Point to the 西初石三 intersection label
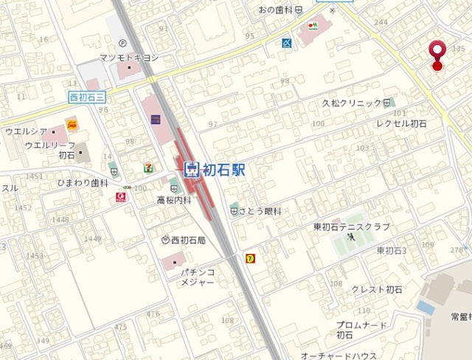click(x=88, y=96)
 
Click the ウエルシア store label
click(x=27, y=131)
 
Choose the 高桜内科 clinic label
click(x=174, y=199)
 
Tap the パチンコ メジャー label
click(x=198, y=277)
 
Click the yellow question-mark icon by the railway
click(x=251, y=258)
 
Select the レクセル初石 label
click(x=401, y=123)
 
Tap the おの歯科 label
click(x=276, y=10)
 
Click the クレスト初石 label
click(x=376, y=289)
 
